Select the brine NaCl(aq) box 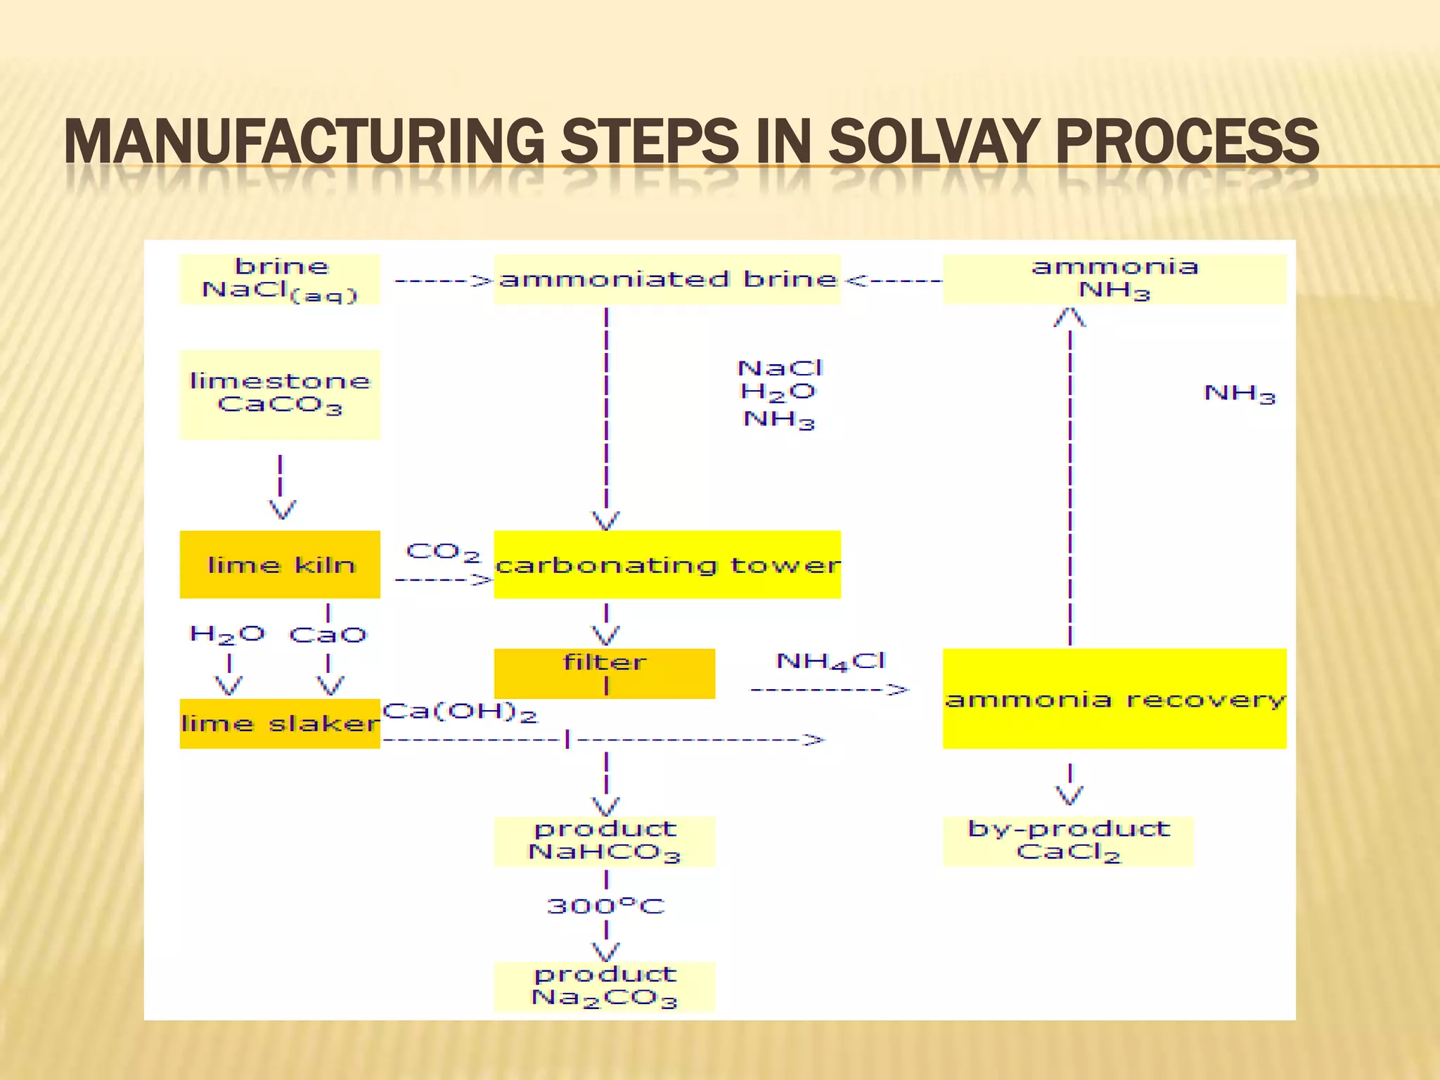[x=280, y=280]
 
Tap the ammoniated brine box [x=667, y=280]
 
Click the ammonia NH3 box [x=1114, y=279]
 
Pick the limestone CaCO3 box [x=280, y=394]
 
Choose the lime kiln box [x=280, y=565]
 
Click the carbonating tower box [x=667, y=565]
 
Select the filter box [x=605, y=673]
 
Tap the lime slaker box [x=280, y=724]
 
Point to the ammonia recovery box [x=1114, y=699]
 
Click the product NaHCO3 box [x=605, y=841]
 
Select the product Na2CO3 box [x=605, y=986]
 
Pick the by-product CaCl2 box [x=1068, y=841]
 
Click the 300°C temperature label [x=605, y=906]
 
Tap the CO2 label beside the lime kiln [x=443, y=552]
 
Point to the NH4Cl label [x=830, y=662]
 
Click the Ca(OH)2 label [x=460, y=712]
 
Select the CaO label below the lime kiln [x=328, y=636]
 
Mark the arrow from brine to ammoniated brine [x=443, y=281]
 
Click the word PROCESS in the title [x=1187, y=141]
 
